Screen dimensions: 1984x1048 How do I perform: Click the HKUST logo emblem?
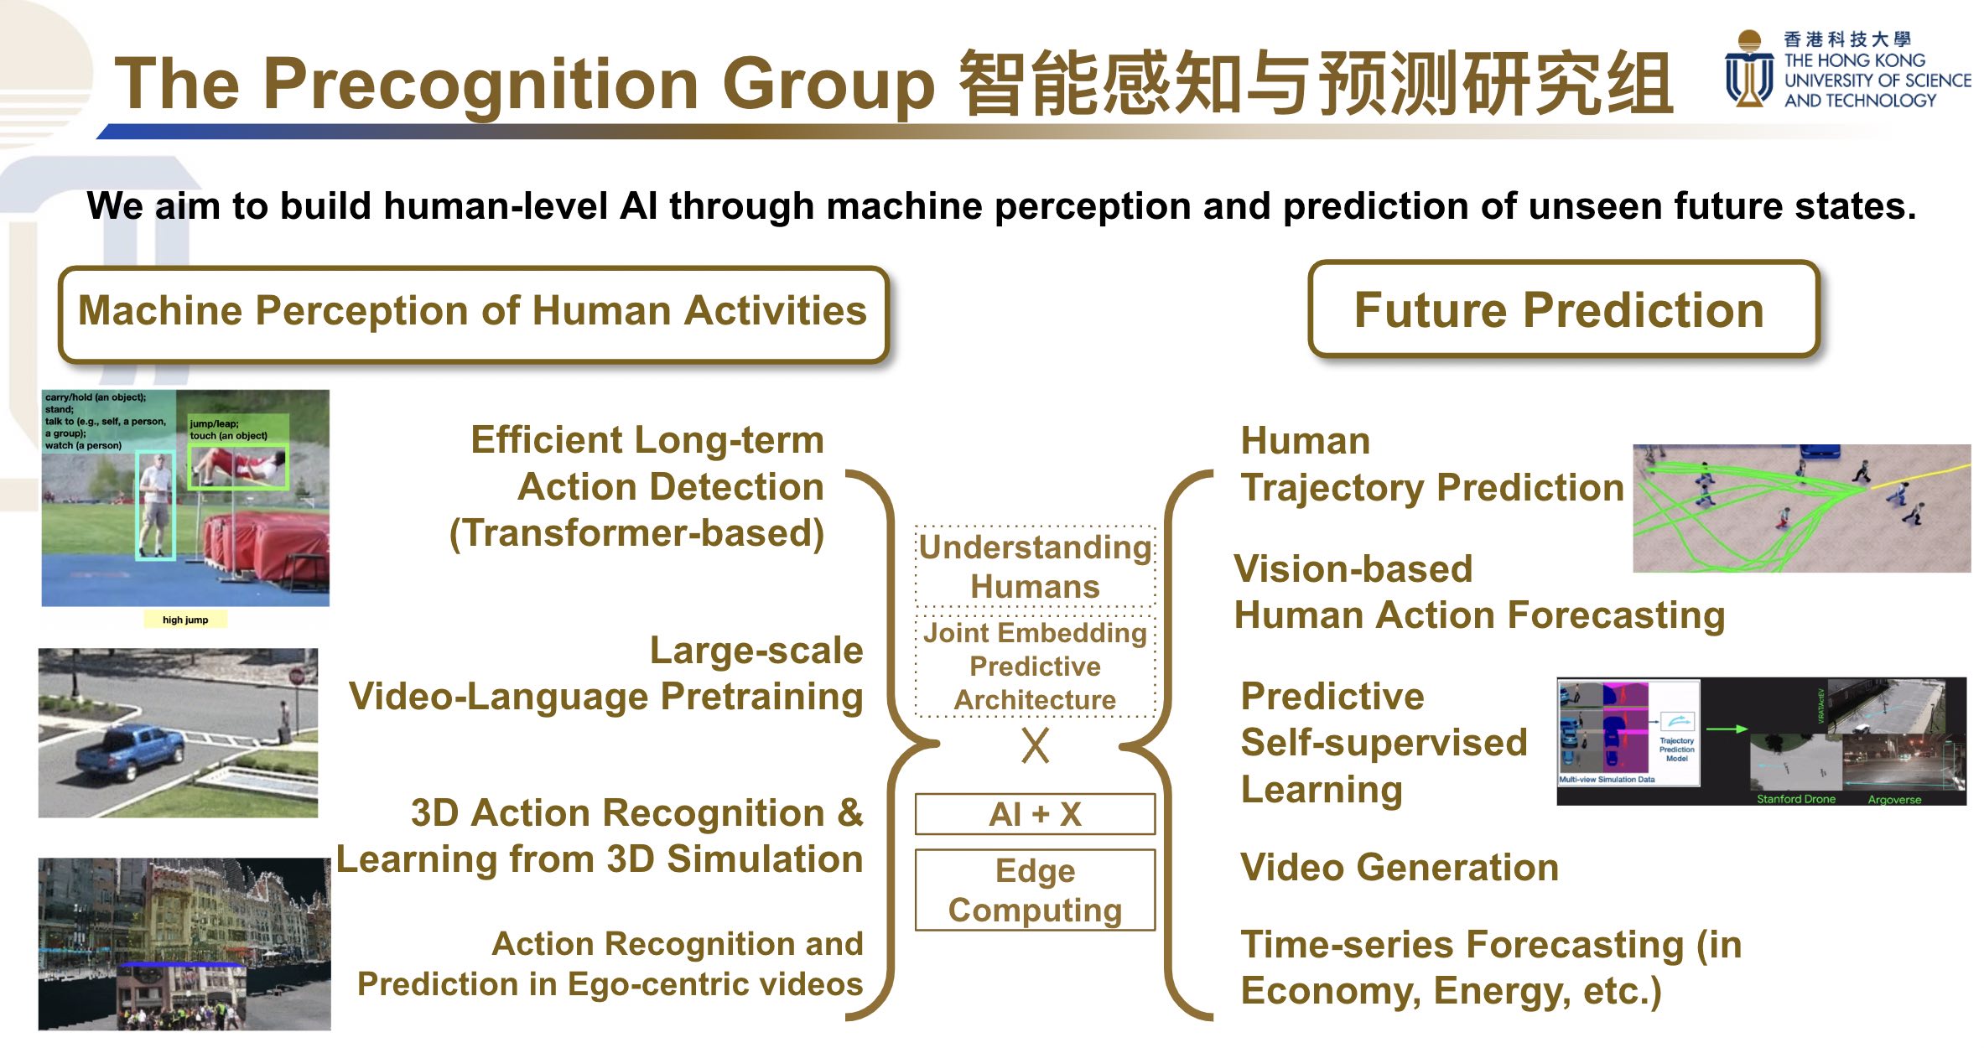tap(1748, 69)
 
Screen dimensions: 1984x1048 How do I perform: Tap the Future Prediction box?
tap(1563, 309)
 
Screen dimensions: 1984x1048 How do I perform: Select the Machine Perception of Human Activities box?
tap(473, 314)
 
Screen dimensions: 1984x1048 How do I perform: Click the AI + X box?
tap(1035, 814)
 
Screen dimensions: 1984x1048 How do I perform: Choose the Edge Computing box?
tap(1035, 890)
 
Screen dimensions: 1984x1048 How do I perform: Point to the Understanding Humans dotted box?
tap(1036, 567)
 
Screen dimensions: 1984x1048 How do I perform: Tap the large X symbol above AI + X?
tap(1036, 744)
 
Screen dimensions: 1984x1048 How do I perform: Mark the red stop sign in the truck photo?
tap(295, 676)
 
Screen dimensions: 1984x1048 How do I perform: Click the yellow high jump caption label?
tap(184, 620)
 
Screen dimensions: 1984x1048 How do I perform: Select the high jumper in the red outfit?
tap(237, 464)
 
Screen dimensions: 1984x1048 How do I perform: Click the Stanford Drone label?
tap(1796, 799)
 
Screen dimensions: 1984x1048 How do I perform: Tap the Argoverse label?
tap(1894, 800)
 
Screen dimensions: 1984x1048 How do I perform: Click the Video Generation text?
tap(1400, 867)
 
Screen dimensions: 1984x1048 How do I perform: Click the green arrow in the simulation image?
tap(1727, 729)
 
